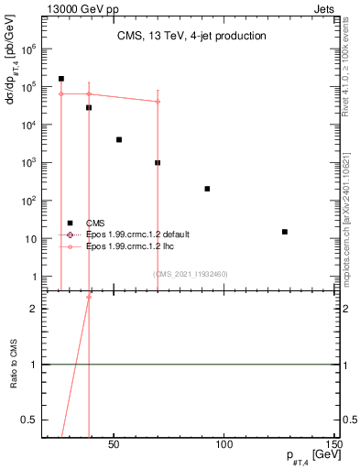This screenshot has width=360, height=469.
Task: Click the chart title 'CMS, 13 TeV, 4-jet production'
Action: [x=191, y=37]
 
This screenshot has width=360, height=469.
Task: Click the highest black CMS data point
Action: [x=61, y=79]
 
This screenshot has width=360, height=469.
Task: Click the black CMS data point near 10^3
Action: [x=158, y=162]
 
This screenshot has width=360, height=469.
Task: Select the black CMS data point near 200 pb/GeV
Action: [x=207, y=189]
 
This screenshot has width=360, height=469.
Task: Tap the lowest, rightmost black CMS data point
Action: [x=285, y=232]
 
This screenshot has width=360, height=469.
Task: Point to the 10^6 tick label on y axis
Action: [x=27, y=49]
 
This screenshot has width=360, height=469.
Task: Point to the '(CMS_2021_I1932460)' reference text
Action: [x=190, y=274]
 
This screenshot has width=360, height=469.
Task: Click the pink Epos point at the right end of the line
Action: [x=158, y=102]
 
